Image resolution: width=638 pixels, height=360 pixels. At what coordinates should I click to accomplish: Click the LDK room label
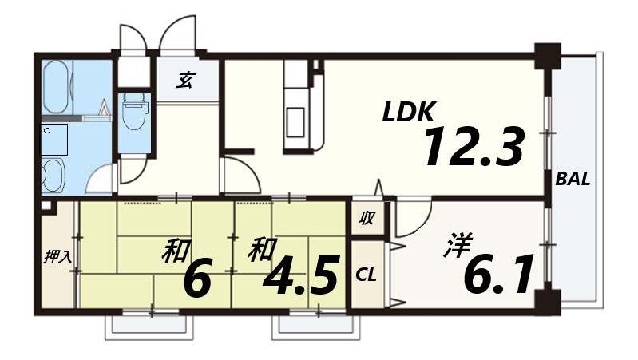click(x=410, y=113)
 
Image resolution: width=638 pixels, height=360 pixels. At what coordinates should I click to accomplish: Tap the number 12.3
click(x=473, y=148)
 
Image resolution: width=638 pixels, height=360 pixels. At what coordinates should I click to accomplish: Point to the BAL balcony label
click(x=573, y=180)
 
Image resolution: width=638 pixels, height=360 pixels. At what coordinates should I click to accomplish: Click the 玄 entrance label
click(x=186, y=79)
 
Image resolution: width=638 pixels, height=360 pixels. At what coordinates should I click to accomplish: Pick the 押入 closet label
click(x=57, y=257)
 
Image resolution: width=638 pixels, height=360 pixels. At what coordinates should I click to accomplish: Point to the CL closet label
click(x=366, y=275)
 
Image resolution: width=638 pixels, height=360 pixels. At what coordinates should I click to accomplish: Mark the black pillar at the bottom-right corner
click(x=547, y=303)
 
